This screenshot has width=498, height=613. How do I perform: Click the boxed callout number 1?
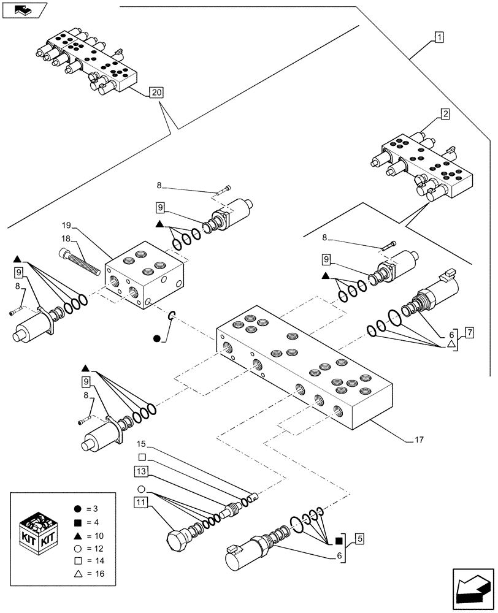440,37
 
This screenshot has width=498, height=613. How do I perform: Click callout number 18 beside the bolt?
65,238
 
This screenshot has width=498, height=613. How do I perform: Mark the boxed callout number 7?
469,333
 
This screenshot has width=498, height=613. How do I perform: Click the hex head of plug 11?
176,540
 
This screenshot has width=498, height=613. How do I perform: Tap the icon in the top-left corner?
25,10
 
